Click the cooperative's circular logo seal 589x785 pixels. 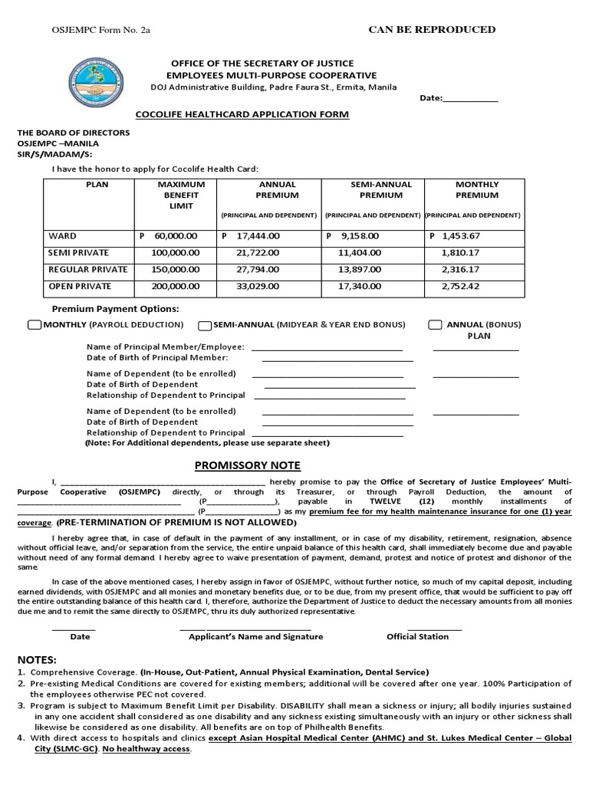pos(97,83)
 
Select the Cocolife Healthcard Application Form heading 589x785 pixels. pos(242,114)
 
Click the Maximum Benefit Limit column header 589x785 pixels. pos(181,195)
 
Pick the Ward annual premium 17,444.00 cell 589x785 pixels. pos(252,236)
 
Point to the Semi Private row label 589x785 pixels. pos(78,253)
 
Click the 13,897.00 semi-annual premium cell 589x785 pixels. pos(360,270)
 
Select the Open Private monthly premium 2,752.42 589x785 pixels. pos(460,287)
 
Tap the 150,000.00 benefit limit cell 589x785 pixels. pos(176,270)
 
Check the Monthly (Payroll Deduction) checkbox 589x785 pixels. pos(34,325)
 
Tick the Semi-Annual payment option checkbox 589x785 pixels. pos(205,325)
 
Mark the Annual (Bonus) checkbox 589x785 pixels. pos(435,325)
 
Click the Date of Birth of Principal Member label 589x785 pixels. pos(157,358)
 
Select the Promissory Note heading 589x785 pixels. pos(247,465)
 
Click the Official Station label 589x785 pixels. pos(417,636)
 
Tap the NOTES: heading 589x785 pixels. pos(37,659)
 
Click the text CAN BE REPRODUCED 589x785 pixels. pos(432,30)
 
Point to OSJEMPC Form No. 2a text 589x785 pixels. pos(90,30)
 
